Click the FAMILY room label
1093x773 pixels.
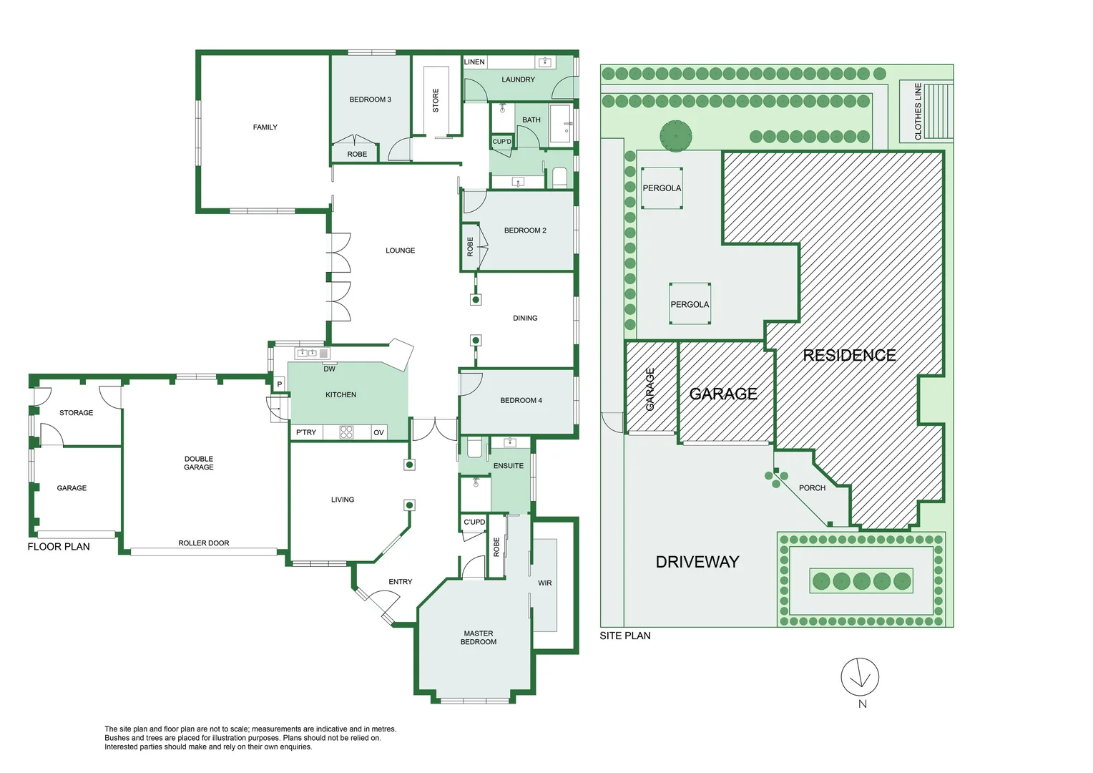point(265,127)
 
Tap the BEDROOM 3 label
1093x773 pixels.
point(371,99)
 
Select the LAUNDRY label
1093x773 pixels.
point(518,79)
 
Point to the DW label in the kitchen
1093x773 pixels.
point(329,369)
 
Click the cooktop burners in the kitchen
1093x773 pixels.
point(346,432)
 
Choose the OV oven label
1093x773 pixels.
point(378,432)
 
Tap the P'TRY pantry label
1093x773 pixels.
point(306,432)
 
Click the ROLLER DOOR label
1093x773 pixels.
point(203,543)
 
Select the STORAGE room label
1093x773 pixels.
point(76,413)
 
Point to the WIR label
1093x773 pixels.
point(544,583)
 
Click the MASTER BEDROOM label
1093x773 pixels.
point(478,638)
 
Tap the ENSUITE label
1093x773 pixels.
point(509,466)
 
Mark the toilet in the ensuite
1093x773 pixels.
point(474,447)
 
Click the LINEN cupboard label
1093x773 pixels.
point(474,62)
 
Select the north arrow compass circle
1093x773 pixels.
point(860,677)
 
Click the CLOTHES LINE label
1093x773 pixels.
point(918,112)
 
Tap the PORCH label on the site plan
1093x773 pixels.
point(812,488)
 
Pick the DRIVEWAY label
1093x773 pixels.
point(697,562)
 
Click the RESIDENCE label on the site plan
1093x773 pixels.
point(850,355)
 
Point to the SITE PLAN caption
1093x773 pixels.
point(625,636)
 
